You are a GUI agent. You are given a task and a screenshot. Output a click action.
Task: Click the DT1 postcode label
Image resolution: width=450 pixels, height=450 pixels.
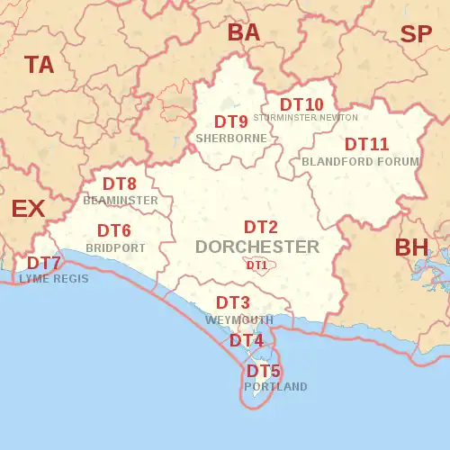[x=256, y=265]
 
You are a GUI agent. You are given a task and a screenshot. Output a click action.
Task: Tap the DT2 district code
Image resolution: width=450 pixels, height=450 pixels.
[x=261, y=228]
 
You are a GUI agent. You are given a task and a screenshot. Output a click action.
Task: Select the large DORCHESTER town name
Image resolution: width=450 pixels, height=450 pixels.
[x=257, y=247]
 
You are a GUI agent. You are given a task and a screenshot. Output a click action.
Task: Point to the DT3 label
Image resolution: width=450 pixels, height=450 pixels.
[x=233, y=303]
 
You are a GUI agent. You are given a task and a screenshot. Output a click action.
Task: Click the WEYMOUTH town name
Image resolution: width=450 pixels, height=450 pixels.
[x=238, y=320]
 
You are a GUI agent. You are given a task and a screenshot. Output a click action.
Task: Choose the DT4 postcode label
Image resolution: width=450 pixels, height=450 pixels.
[x=247, y=340]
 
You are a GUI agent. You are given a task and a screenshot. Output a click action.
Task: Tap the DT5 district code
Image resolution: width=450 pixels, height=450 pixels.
[x=264, y=371]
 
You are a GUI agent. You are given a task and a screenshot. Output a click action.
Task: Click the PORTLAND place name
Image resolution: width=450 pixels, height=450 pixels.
[x=275, y=387]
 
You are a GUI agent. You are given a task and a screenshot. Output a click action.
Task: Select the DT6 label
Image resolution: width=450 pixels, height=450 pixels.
[x=114, y=230]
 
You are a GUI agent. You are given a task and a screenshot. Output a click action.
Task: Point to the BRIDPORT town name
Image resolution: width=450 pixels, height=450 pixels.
[x=115, y=247]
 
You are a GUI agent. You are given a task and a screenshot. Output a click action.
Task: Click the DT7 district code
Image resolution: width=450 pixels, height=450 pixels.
[x=44, y=263]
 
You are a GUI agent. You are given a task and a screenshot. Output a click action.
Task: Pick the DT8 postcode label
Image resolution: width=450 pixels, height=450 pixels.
[x=120, y=184]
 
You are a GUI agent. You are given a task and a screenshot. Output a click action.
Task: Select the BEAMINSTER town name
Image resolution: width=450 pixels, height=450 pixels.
[x=121, y=200]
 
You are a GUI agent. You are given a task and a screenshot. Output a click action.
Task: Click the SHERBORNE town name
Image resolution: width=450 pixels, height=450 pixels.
[x=231, y=139]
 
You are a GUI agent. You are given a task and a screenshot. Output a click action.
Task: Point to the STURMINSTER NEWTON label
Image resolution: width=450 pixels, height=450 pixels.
[x=306, y=118]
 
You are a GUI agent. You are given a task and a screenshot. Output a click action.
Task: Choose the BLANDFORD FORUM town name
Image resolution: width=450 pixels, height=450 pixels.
[x=361, y=161]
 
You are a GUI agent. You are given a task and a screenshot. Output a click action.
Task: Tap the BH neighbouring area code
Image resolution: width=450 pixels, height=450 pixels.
[x=413, y=247]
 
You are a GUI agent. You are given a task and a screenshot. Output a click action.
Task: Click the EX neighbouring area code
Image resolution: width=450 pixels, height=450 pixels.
[x=28, y=209]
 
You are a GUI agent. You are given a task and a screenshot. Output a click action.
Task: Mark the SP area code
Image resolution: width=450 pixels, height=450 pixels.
[x=416, y=34]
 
